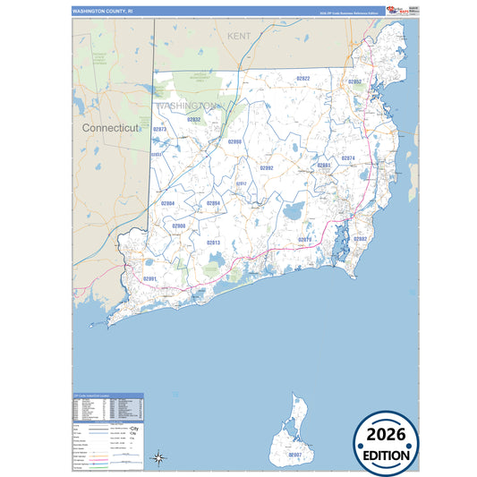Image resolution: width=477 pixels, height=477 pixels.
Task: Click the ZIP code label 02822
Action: click(x=302, y=79)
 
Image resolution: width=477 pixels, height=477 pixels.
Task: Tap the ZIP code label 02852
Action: click(x=354, y=81)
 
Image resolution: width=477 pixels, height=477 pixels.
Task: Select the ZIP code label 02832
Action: click(x=193, y=119)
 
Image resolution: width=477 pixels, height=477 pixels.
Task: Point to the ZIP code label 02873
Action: click(x=160, y=129)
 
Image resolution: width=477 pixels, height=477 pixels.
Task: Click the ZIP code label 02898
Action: click(x=234, y=141)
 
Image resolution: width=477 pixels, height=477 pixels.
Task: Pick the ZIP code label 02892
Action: click(x=267, y=167)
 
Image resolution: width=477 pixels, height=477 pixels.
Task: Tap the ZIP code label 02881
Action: click(x=324, y=166)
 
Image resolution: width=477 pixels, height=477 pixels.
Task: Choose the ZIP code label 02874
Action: click(x=348, y=158)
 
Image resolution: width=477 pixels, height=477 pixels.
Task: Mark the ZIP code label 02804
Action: click(x=167, y=203)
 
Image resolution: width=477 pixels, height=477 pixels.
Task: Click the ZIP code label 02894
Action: click(x=213, y=203)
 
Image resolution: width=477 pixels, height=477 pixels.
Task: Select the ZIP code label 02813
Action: click(x=214, y=243)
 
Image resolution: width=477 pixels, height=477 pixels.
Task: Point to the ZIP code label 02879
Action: click(x=304, y=239)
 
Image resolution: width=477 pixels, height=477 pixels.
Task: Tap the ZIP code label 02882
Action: click(x=360, y=239)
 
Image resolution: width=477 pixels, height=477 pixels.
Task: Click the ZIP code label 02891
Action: click(x=149, y=279)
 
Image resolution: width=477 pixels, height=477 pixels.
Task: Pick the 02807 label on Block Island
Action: click(x=295, y=455)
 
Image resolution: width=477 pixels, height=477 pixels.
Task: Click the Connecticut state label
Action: click(x=111, y=128)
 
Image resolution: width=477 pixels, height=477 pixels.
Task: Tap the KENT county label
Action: click(x=239, y=36)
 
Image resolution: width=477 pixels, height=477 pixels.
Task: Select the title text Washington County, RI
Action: click(x=103, y=11)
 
